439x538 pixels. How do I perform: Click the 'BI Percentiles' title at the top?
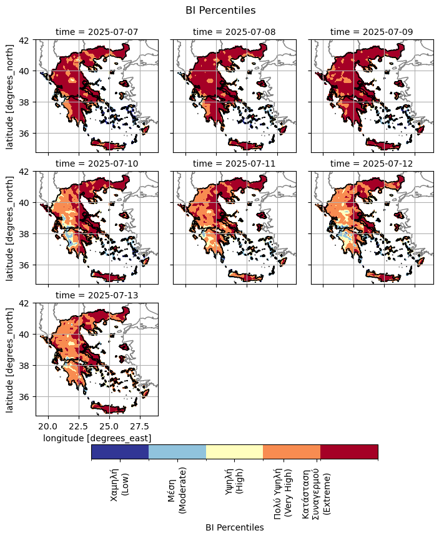220,10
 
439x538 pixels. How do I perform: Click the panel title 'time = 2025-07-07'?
96,31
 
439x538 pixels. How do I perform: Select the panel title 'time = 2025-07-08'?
234,31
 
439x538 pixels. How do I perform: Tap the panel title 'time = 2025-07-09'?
372,31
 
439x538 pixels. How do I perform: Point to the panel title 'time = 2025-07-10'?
96,163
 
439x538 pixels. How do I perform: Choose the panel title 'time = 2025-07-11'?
234,163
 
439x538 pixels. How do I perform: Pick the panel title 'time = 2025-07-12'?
372,163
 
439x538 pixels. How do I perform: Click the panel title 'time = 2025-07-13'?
96,295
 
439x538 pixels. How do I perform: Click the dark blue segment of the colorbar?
120,452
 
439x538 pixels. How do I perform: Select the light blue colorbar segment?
177,452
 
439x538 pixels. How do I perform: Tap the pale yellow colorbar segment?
235,452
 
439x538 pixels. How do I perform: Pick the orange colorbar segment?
292,452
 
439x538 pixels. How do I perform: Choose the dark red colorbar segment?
349,452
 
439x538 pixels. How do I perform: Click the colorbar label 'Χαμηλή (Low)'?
120,484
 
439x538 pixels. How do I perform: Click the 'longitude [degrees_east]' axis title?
97,438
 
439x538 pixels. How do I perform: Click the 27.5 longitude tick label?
139,426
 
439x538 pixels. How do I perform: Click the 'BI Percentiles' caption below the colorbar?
234,527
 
